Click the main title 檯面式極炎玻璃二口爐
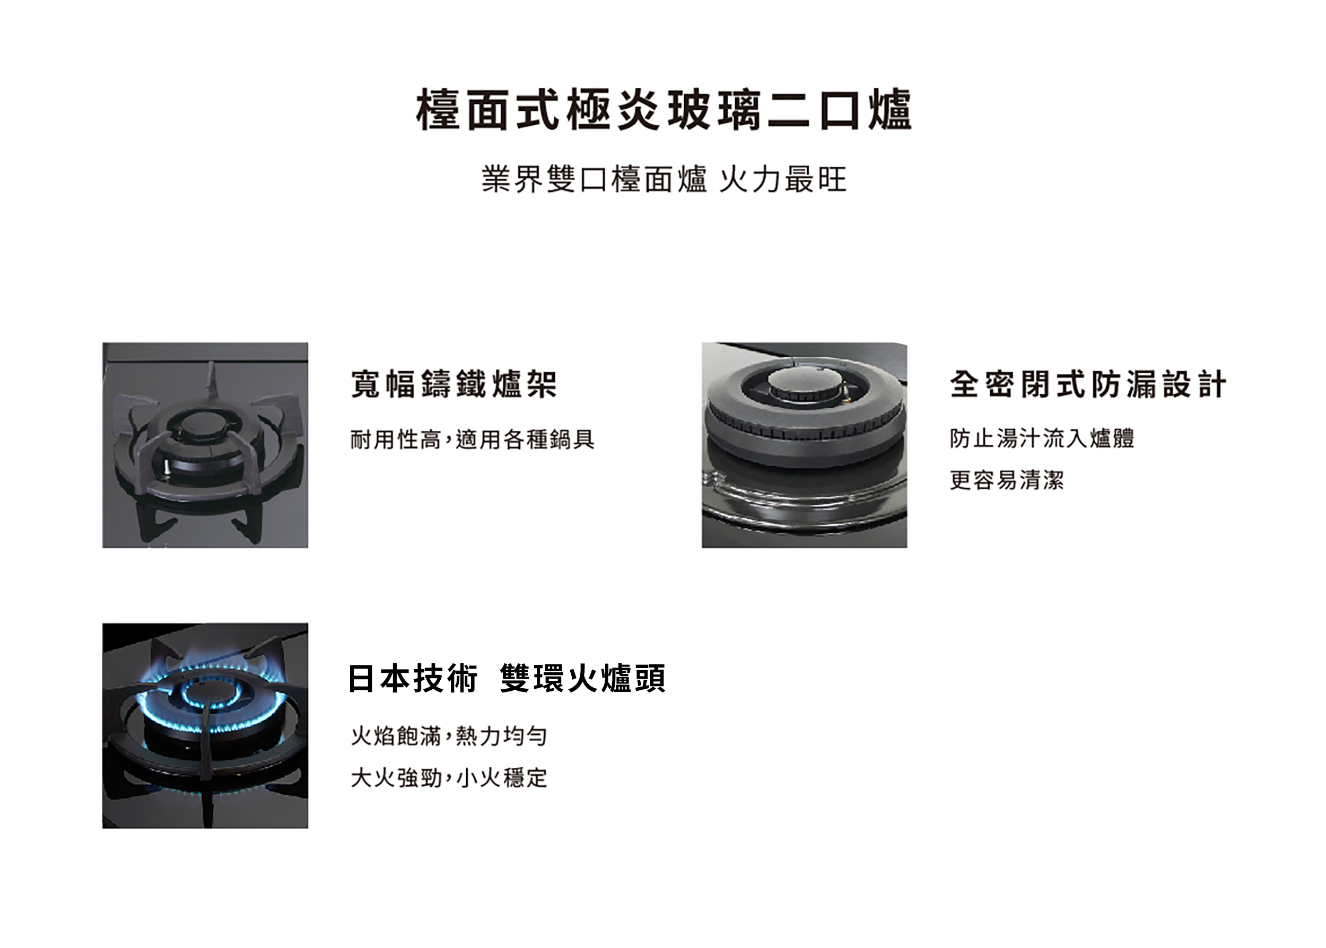pyautogui.click(x=664, y=110)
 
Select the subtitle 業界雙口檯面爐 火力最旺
pyautogui.click(x=664, y=179)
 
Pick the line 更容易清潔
pyautogui.click(x=1007, y=480)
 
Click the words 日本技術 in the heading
pyautogui.click(x=413, y=678)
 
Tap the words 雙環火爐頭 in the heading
pyautogui.click(x=583, y=678)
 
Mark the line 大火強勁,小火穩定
pyautogui.click(x=448, y=778)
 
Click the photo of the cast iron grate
pyautogui.click(x=205, y=445)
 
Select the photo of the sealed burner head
pyautogui.click(x=804, y=445)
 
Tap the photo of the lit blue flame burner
pyautogui.click(x=205, y=726)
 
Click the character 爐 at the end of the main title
pyautogui.click(x=890, y=110)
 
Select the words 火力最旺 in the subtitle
pyautogui.click(x=782, y=179)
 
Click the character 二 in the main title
pyautogui.click(x=788, y=110)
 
